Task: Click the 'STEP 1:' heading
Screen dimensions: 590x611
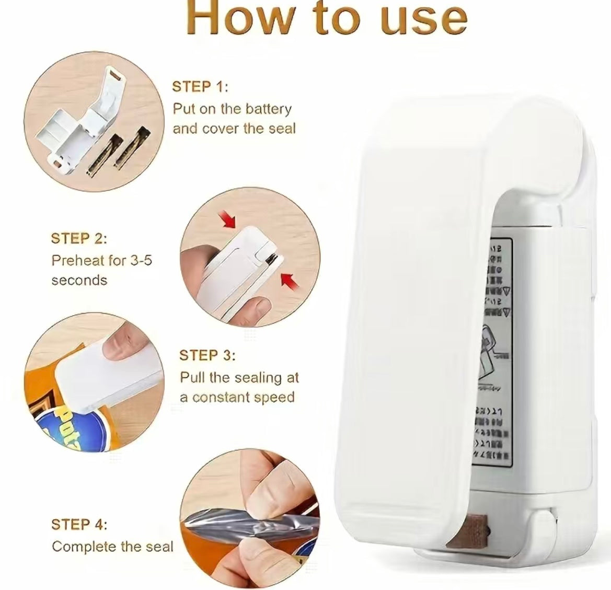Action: (x=200, y=87)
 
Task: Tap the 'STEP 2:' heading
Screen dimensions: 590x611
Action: (x=79, y=239)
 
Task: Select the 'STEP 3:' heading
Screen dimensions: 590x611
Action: (x=207, y=355)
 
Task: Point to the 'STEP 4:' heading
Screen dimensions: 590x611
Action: (x=79, y=524)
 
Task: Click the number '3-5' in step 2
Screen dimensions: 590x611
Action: (x=140, y=260)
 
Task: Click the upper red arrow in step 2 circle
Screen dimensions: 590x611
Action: (x=229, y=222)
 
